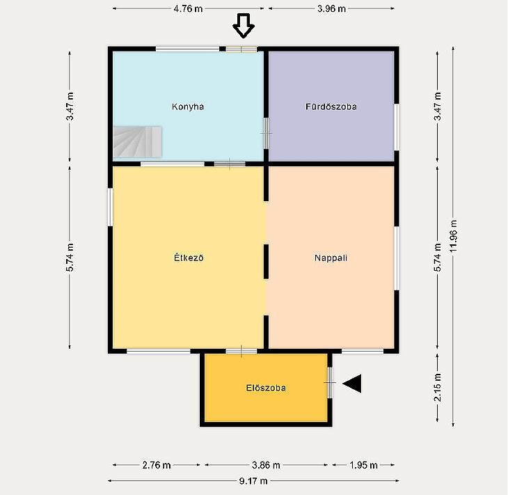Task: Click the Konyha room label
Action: (188, 107)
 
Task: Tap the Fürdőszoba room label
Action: (331, 107)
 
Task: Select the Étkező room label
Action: (189, 258)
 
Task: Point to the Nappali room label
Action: (331, 258)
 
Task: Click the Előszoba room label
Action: (266, 388)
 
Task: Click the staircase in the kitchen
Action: (137, 142)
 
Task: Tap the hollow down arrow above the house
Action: (244, 26)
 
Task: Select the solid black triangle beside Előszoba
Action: (352, 384)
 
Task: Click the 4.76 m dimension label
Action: (188, 9)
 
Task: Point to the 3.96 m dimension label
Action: (331, 9)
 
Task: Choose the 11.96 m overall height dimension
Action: (453, 236)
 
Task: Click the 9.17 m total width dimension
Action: (253, 481)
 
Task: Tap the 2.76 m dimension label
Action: (157, 465)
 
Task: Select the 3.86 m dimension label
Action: (266, 465)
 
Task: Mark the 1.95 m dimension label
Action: (363, 465)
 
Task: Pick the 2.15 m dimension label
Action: (438, 387)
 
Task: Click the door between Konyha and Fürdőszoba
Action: (266, 133)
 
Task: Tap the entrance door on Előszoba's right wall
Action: (330, 383)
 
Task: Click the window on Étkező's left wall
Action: (110, 207)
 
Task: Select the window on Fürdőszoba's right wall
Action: (397, 127)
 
